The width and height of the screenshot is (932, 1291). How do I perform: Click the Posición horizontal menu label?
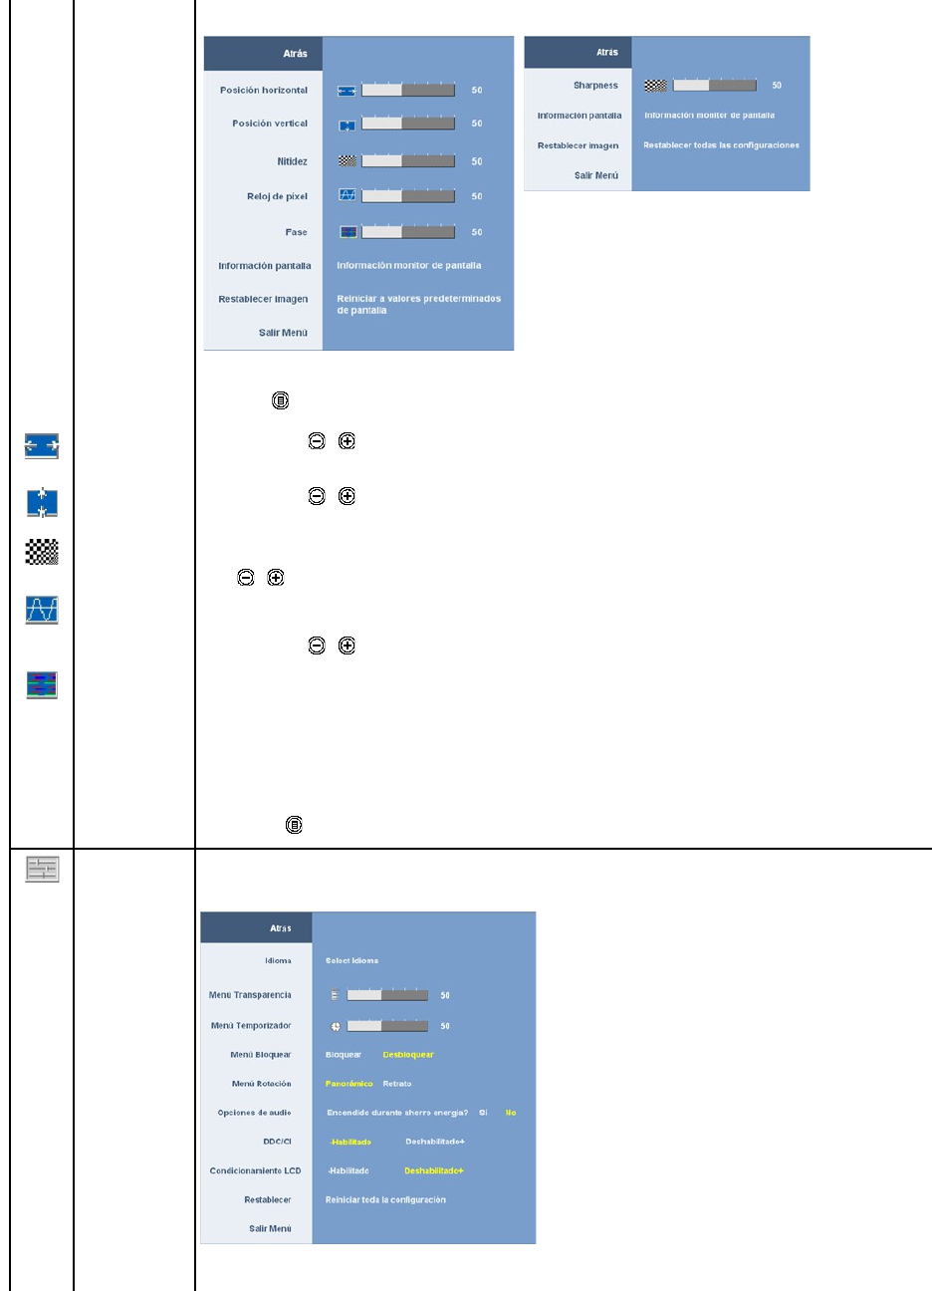click(264, 91)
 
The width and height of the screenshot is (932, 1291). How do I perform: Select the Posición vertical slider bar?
click(407, 124)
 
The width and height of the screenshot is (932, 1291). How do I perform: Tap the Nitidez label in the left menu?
click(292, 161)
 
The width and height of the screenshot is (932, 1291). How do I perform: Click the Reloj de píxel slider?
click(407, 196)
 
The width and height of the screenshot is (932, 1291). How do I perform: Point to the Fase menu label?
click(296, 232)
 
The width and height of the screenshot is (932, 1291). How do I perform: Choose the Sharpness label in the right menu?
click(595, 86)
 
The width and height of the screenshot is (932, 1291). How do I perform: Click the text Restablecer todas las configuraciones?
click(721, 145)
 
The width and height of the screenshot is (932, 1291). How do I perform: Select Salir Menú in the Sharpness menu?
click(595, 175)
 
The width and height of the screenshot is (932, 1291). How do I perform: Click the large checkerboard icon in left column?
click(42, 552)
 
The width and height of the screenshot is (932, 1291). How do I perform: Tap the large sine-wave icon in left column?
click(42, 610)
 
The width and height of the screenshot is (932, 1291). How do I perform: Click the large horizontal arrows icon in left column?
click(42, 446)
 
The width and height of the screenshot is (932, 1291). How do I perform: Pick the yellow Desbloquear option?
click(408, 1055)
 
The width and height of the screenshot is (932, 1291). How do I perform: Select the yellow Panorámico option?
click(349, 1084)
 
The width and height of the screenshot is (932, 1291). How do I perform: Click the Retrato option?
click(397, 1084)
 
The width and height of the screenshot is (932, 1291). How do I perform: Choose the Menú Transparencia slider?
click(387, 995)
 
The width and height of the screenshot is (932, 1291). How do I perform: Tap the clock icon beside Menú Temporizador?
click(336, 1026)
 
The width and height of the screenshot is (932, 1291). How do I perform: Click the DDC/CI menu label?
click(277, 1142)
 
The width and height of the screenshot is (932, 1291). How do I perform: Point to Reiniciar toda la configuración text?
click(385, 1200)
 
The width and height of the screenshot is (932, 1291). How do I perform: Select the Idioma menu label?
click(278, 961)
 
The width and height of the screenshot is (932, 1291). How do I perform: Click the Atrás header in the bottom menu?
click(280, 928)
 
